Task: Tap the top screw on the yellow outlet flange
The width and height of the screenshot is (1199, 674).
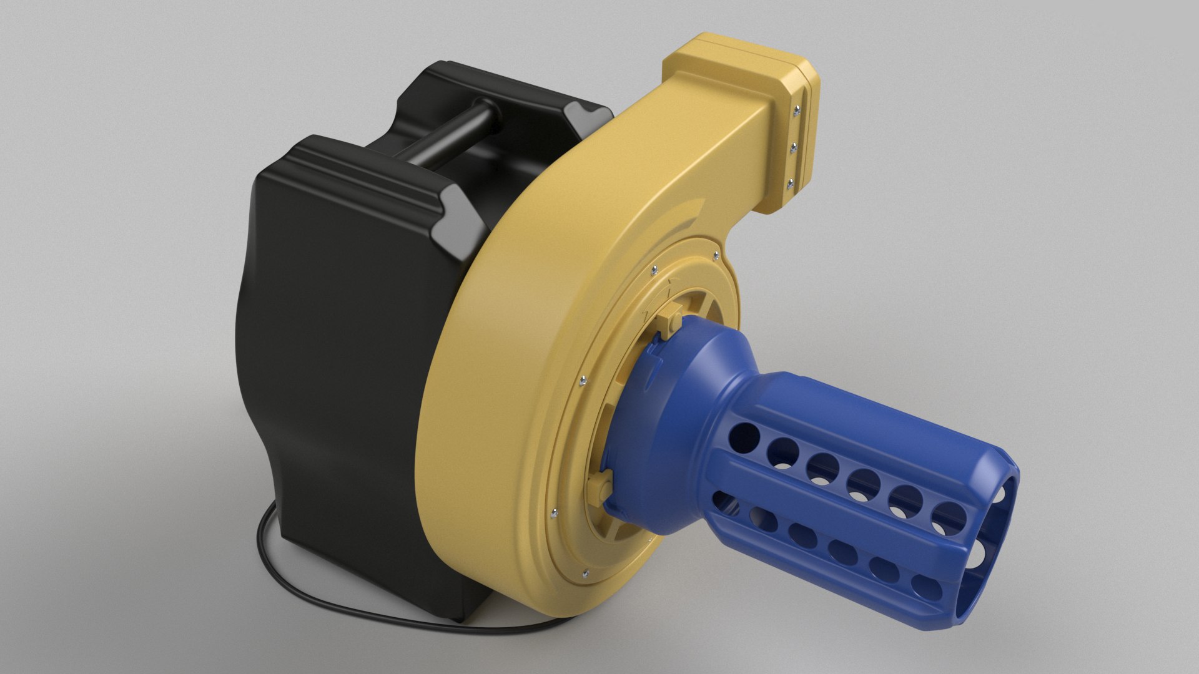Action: point(795,112)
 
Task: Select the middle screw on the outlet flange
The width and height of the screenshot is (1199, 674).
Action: point(794,148)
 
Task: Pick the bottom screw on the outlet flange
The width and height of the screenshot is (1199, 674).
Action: point(790,183)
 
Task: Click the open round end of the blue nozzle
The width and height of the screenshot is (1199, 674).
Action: point(993,537)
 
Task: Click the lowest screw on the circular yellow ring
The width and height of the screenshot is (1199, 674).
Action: point(585,572)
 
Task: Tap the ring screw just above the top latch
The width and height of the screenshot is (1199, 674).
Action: point(653,270)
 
